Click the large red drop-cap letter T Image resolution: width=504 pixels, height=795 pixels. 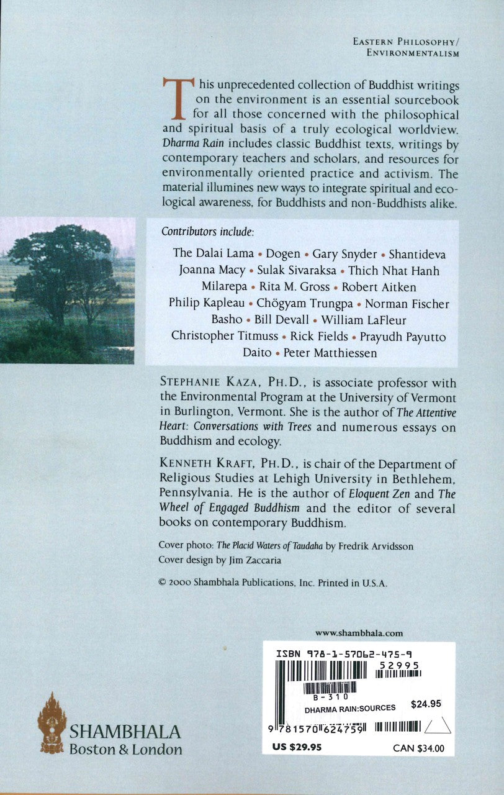click(174, 98)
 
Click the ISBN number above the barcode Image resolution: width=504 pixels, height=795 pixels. click(343, 654)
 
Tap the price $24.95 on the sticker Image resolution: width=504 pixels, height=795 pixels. click(426, 704)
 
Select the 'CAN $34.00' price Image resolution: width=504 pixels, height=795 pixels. click(418, 748)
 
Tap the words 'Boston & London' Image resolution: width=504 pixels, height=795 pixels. click(125, 749)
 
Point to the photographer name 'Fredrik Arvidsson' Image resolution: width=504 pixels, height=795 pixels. click(375, 546)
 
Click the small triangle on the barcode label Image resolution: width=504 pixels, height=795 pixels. click(438, 725)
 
